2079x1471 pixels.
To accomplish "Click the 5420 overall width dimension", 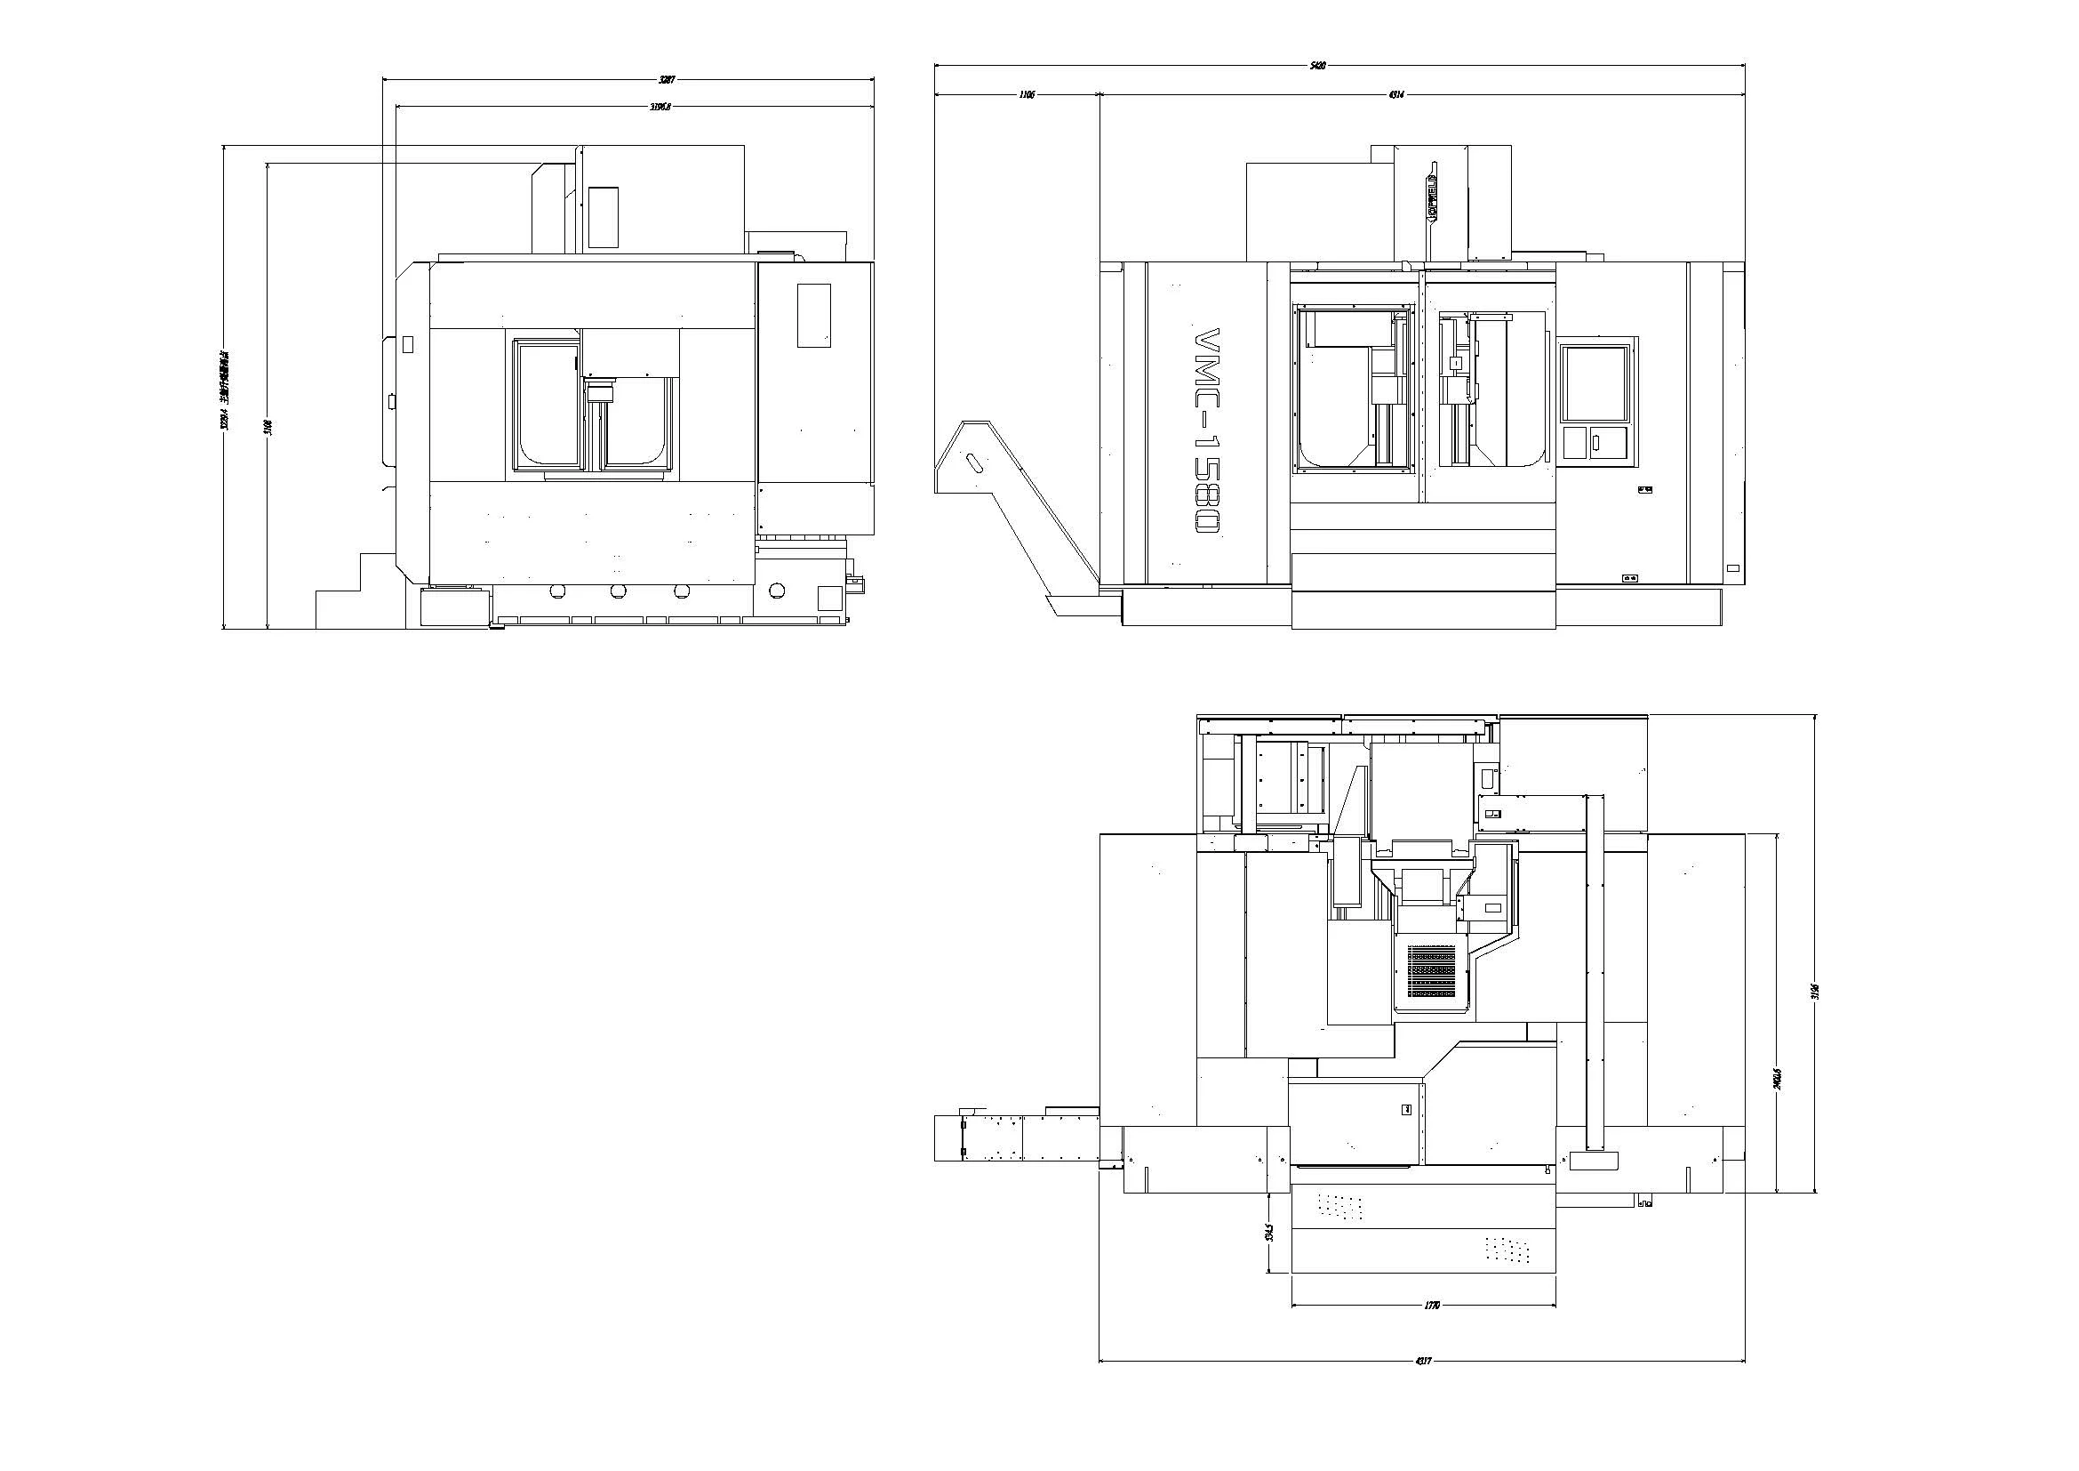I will pos(1318,66).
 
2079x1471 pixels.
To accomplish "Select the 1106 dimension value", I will pos(1027,94).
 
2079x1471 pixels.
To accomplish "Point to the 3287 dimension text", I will pos(667,81).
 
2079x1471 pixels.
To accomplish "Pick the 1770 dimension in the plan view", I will pos(1432,1306).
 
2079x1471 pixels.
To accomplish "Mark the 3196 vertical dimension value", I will pos(1815,991).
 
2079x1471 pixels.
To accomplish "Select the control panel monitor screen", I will pos(1594,382).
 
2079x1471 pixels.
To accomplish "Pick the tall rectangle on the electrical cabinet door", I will pos(813,315).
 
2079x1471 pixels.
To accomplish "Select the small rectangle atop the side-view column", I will pos(603,216).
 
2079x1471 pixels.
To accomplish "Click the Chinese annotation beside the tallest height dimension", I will pos(225,389).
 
